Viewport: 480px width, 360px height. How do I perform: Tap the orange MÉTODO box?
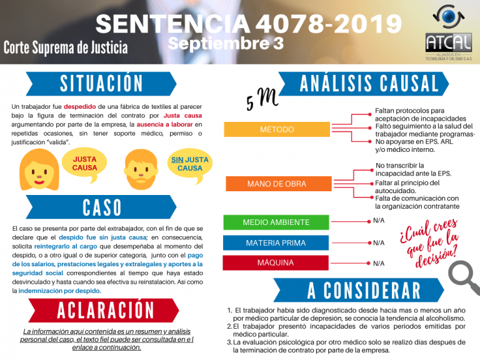coord(276,129)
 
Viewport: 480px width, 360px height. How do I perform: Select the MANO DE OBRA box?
coord(276,184)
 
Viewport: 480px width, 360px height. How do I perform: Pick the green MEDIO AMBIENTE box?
coord(276,222)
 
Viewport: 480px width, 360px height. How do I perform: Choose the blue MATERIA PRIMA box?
coord(276,242)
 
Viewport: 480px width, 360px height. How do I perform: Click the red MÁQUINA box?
coord(276,263)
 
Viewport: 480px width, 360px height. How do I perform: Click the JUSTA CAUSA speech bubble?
coord(85,164)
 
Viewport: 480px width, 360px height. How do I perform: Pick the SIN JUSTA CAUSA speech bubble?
coord(190,164)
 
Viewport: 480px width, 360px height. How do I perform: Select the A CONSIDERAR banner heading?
coord(364,291)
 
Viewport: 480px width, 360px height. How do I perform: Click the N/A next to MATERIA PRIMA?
coord(379,242)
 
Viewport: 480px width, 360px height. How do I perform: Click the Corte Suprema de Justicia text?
coord(66,47)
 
